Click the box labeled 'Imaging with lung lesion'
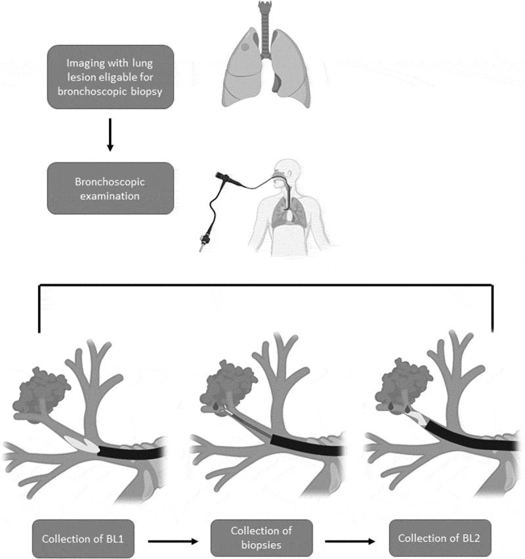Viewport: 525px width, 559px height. pos(110,77)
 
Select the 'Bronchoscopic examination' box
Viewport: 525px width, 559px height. pos(110,189)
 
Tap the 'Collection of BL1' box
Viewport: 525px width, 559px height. pos(83,539)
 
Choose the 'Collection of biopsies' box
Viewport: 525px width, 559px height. pos(262,537)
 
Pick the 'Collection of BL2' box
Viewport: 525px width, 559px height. pos(440,537)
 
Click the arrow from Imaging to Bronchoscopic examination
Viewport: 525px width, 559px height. pos(110,135)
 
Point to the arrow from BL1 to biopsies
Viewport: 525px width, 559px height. pos(173,541)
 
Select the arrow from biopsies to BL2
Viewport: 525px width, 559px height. pos(350,541)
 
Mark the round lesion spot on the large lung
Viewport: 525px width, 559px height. pos(245,47)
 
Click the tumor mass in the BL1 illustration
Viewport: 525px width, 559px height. pos(41,395)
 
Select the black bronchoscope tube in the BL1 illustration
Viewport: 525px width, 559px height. pos(131,453)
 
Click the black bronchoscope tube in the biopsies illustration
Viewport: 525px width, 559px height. pos(306,445)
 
